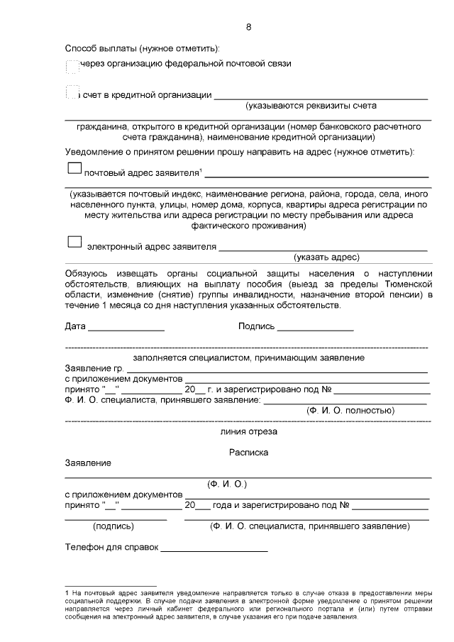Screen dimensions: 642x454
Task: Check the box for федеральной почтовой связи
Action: click(72, 67)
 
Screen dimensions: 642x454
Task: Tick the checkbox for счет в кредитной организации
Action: click(71, 93)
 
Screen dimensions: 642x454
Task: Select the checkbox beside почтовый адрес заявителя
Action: click(74, 168)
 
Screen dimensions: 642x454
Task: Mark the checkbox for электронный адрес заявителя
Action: click(74, 242)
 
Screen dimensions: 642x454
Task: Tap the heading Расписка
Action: click(248, 451)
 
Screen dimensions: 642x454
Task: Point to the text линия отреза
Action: click(248, 431)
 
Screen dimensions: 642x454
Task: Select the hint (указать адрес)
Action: click(327, 257)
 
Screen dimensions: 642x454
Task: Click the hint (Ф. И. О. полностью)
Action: click(350, 410)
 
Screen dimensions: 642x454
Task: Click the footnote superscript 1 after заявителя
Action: click(201, 169)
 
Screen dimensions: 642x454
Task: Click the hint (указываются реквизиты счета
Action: click(311, 106)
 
